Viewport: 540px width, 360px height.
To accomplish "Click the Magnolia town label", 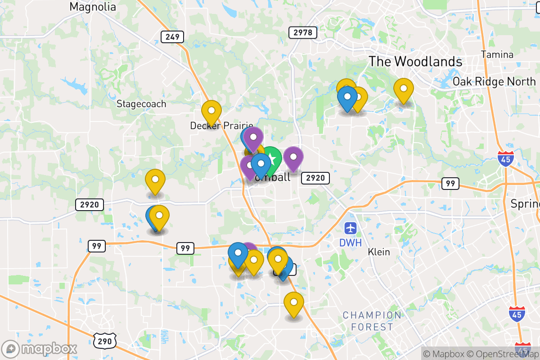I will [93, 7].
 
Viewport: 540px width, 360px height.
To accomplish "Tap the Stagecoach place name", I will [141, 104].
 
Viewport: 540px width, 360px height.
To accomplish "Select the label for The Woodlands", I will [415, 62].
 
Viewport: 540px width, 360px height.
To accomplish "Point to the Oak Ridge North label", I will [494, 81].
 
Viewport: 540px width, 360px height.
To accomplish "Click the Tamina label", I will [497, 55].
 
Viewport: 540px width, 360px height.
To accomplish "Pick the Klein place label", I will [379, 252].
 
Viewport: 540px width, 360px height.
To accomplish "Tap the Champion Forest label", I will [372, 321].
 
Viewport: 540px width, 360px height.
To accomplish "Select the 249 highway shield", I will [172, 37].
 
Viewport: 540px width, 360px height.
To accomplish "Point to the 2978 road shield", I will [303, 32].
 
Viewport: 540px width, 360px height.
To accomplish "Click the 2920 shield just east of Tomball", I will [315, 178].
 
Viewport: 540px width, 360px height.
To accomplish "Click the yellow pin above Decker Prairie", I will [211, 111].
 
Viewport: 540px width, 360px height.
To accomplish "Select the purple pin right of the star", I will [293, 157].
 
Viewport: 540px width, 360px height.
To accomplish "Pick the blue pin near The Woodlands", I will [347, 96].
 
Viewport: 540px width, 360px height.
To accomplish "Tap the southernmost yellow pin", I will [293, 303].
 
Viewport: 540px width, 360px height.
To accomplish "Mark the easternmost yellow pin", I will [404, 89].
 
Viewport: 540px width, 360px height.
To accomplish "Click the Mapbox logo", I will [40, 349].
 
